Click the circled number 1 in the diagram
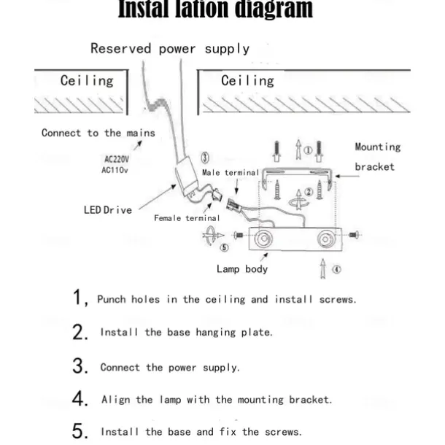click(x=309, y=151)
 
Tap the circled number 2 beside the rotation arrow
click(x=309, y=191)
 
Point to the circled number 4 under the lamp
click(x=336, y=268)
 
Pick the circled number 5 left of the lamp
click(x=224, y=247)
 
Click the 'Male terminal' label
click(x=231, y=172)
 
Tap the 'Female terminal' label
click(x=187, y=218)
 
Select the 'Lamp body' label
click(x=242, y=269)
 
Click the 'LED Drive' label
click(x=107, y=210)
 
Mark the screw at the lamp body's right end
click(x=354, y=236)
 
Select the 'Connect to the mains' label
click(x=98, y=133)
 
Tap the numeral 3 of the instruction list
click(x=80, y=367)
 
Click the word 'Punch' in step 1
click(x=112, y=299)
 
